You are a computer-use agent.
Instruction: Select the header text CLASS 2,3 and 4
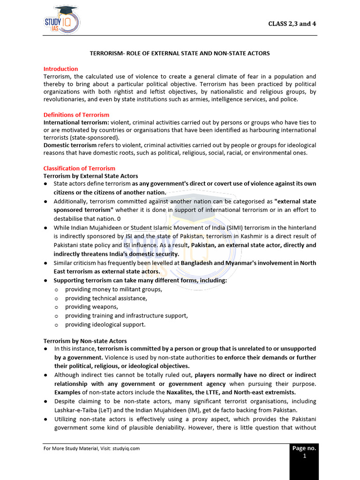[x=292, y=24]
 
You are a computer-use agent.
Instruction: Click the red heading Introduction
[x=60, y=68]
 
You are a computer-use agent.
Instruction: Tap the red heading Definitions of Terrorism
[x=76, y=115]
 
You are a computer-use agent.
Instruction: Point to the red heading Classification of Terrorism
[x=79, y=168]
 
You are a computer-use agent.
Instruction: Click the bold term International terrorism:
[x=76, y=122]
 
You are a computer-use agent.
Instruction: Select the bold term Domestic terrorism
[x=69, y=145]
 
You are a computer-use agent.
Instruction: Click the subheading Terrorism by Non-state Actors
[x=85, y=341]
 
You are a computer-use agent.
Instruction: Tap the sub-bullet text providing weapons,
[x=85, y=307]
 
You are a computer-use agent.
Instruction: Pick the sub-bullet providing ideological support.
[x=105, y=324]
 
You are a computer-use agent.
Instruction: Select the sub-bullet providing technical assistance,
[x=106, y=298]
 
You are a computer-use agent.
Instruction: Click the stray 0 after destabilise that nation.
[x=119, y=219]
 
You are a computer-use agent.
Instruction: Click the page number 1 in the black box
[x=304, y=456]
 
